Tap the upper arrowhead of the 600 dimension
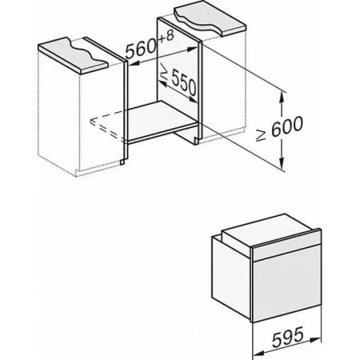(282, 97)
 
